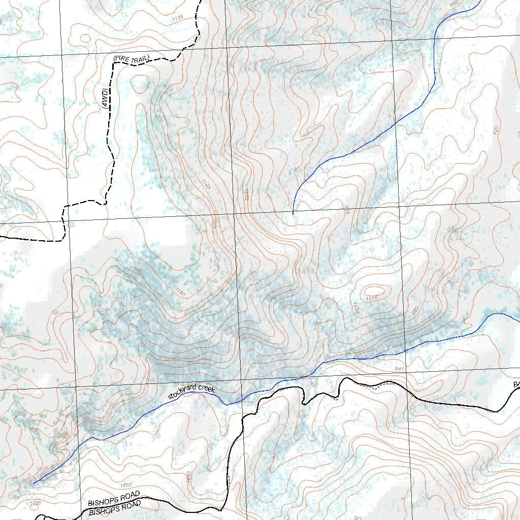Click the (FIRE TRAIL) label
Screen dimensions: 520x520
click(x=132, y=59)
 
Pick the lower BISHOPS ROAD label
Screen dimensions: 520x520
click(x=114, y=507)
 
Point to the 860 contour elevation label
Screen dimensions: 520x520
click(x=454, y=5)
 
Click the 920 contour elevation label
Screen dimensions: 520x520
click(x=496, y=129)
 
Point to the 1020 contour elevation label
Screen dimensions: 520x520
click(x=356, y=308)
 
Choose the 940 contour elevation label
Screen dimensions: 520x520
click(x=399, y=369)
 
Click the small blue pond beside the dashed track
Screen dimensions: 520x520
click(x=71, y=224)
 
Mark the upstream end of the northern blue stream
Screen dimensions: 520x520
click(x=293, y=213)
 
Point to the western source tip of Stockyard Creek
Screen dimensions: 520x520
click(x=34, y=483)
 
